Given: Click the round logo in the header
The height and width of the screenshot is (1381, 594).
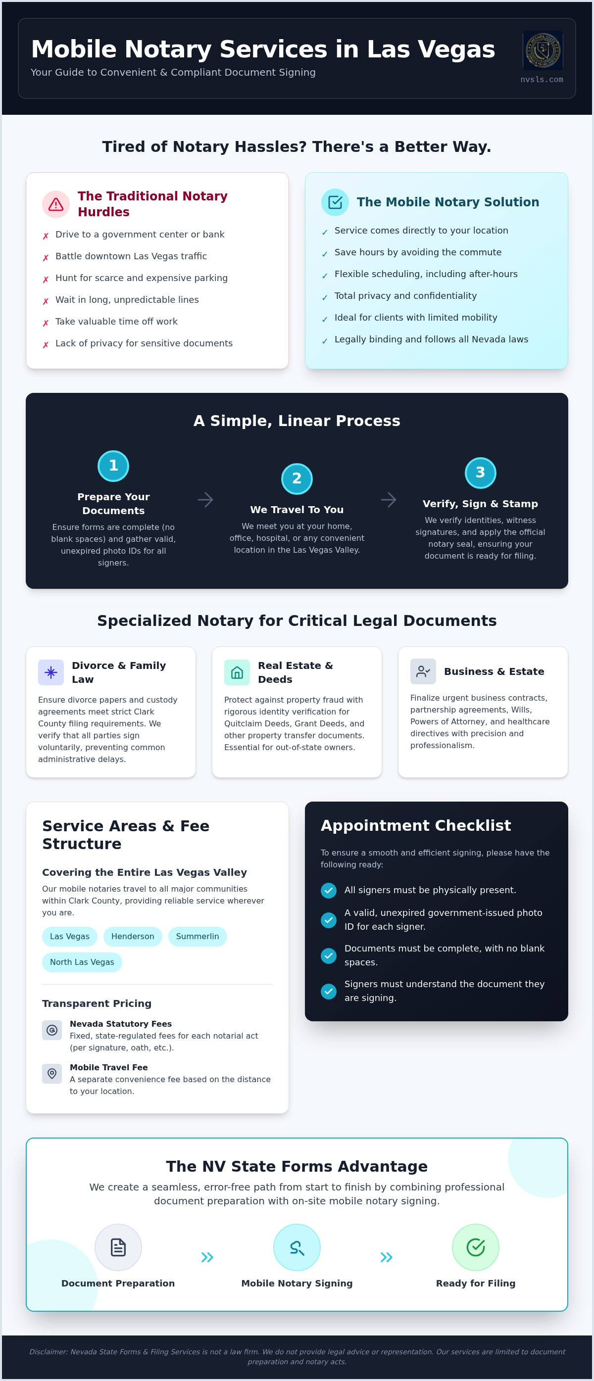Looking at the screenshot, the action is tap(543, 50).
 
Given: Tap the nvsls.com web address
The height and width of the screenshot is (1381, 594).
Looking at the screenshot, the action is tap(542, 79).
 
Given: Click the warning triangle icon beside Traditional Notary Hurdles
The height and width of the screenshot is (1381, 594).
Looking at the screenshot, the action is tap(56, 204).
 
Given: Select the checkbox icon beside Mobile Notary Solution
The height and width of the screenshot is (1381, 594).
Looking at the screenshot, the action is tap(335, 202).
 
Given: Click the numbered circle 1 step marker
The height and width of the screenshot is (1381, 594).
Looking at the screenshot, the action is tap(113, 465).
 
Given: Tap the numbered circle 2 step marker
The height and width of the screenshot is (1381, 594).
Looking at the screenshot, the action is tap(297, 478).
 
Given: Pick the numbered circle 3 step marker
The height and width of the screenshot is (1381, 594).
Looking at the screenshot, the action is tap(480, 473).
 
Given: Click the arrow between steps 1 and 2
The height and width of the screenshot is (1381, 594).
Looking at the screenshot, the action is tap(205, 500).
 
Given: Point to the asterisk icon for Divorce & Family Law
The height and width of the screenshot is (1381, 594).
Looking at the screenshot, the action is tap(51, 672).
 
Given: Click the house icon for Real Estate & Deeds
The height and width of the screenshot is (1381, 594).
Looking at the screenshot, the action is tap(237, 672).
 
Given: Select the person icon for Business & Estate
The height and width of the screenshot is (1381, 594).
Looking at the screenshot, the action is tap(423, 671).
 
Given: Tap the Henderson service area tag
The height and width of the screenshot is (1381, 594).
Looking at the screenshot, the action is tap(133, 936).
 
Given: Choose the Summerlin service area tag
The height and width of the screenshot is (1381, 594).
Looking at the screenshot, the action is tap(198, 936).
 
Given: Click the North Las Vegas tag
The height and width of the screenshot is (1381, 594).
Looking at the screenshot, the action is tap(82, 962).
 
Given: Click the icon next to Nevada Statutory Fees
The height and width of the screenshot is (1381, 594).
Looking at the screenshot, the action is tap(52, 1030).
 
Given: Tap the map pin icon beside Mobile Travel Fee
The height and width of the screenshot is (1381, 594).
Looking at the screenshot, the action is tap(52, 1073).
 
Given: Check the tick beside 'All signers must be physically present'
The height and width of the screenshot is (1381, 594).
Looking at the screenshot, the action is tap(329, 890).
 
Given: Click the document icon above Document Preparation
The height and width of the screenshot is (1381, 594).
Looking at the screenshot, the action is tap(118, 1247).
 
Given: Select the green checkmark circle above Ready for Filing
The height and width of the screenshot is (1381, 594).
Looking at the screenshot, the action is tap(476, 1247).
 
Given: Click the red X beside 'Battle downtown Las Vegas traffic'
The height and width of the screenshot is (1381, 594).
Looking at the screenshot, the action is tap(46, 257).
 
